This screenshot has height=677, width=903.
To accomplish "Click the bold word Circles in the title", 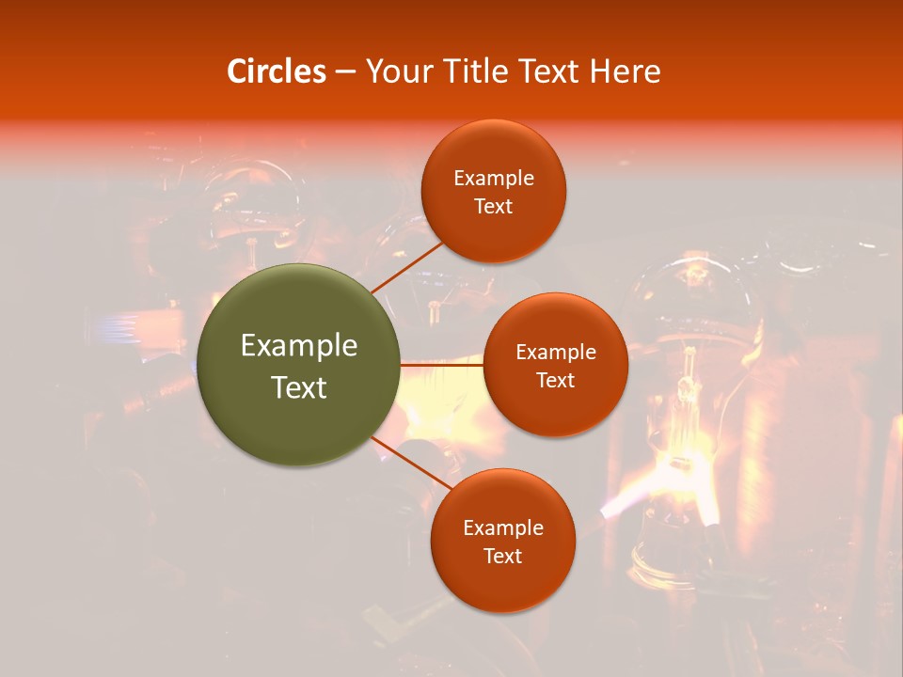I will (x=276, y=71).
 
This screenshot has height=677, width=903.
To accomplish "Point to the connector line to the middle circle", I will (x=442, y=364).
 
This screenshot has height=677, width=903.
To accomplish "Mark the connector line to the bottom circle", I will (x=411, y=465).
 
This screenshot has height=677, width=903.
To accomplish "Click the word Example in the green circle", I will (x=299, y=346).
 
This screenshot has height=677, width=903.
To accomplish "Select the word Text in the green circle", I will (x=299, y=387).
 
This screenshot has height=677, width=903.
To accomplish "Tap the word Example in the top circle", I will (x=494, y=179).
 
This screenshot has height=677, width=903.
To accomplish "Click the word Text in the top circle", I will (x=494, y=207).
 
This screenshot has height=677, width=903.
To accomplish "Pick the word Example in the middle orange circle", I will (x=556, y=353).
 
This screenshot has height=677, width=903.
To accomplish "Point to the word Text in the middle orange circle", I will (x=556, y=381).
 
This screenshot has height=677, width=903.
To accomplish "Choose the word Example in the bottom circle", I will (x=503, y=528).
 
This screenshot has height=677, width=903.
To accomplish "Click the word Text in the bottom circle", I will (x=503, y=557).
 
